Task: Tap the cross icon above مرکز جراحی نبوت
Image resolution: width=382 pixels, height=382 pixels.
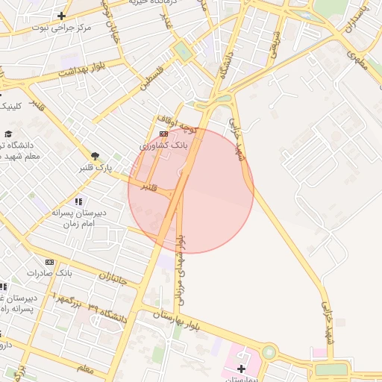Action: (60, 16)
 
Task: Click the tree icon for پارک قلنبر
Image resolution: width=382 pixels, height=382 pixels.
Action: (95, 157)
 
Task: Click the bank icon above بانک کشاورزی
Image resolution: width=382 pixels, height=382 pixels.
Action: (163, 134)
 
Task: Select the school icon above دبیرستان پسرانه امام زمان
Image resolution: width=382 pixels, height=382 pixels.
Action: (78, 202)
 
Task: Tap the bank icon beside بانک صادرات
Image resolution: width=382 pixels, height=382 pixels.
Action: (49, 263)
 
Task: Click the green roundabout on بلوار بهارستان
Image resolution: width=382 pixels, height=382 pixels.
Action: (269, 351)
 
